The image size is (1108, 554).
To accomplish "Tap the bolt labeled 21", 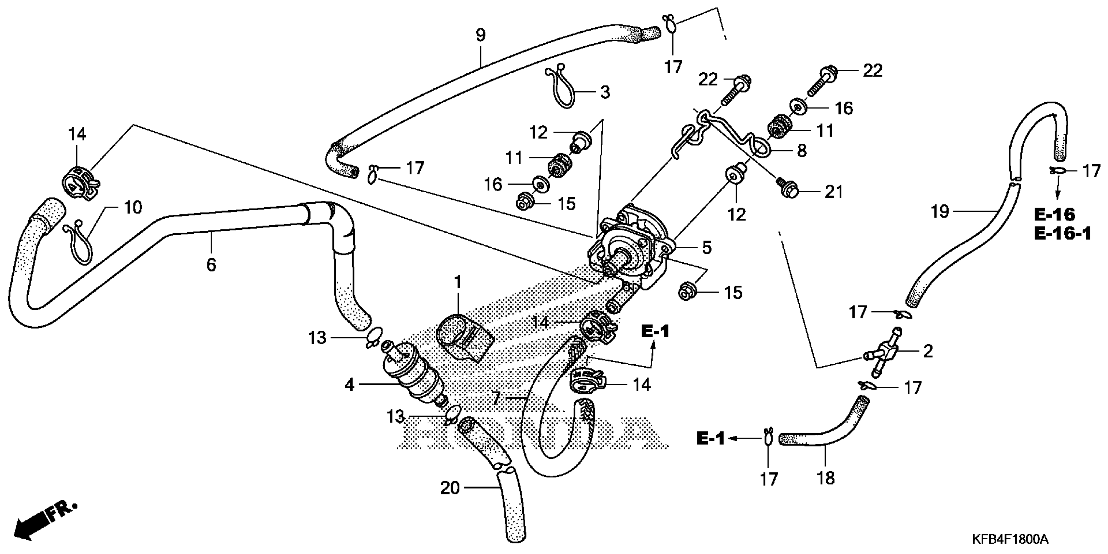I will coord(788,190).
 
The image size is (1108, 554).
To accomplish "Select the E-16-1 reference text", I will coord(1062,234).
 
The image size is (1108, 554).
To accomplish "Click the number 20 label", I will coord(450,488).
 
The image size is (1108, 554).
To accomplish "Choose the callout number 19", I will coord(940,212).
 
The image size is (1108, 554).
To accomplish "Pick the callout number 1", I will coord(458,283).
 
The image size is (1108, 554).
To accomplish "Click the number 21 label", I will coord(834,192).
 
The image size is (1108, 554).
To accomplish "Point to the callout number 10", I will coord(133,208).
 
